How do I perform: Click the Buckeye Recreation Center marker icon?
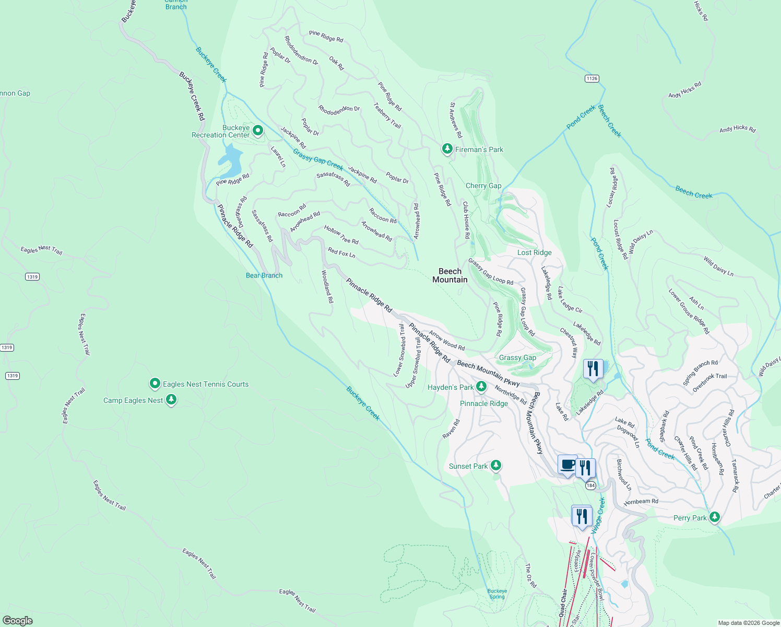point(257,130)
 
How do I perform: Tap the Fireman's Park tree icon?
point(447,149)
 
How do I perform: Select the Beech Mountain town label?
point(450,275)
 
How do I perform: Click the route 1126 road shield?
point(591,78)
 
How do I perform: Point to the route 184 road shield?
point(590,485)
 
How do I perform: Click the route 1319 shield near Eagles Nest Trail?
point(32,276)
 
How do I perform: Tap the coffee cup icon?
point(567,464)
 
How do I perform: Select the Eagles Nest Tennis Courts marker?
point(155,384)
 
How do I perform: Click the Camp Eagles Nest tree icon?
point(171,400)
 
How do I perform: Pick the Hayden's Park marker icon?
point(481,387)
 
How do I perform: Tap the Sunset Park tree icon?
point(496,466)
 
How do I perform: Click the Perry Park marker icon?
point(714,517)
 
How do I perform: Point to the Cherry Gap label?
point(483,185)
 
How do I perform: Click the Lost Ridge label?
point(534,252)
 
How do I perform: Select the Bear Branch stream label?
point(264,275)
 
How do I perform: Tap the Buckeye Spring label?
point(497,594)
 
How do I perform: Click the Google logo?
point(18,620)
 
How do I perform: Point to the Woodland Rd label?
point(327,287)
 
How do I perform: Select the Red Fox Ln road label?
point(341,253)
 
